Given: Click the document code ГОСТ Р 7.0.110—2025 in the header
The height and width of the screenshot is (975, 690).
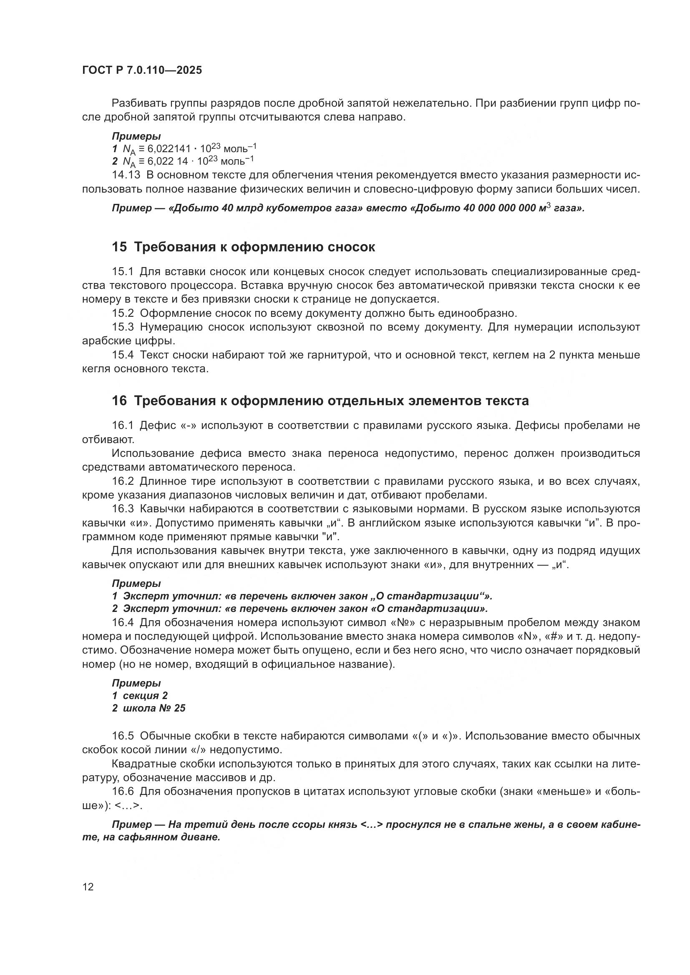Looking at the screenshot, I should click(142, 70).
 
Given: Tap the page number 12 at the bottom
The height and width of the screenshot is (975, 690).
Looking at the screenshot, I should click(88, 887).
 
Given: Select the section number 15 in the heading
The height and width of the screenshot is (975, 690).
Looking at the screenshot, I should click(119, 247).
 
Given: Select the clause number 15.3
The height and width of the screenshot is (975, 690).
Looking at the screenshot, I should click(123, 327).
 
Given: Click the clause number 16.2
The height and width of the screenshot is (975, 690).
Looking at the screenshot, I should click(123, 481).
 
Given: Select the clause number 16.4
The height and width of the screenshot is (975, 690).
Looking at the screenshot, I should click(123, 622).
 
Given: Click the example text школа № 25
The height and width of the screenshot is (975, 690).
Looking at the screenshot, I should click(154, 708).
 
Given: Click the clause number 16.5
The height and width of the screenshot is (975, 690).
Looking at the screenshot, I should click(123, 735).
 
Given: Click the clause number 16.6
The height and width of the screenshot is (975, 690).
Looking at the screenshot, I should click(123, 791).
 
